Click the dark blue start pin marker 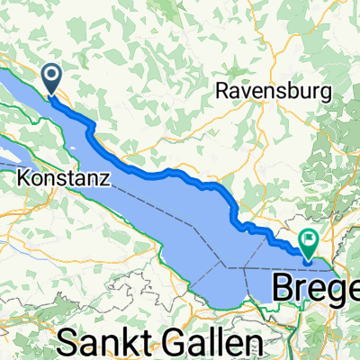coord(51,78)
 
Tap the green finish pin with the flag coord(310,242)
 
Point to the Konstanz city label coord(64,179)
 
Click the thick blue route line coord(171,172)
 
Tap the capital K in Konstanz coord(22,179)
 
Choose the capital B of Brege coord(283,289)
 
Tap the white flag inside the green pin coord(310,240)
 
